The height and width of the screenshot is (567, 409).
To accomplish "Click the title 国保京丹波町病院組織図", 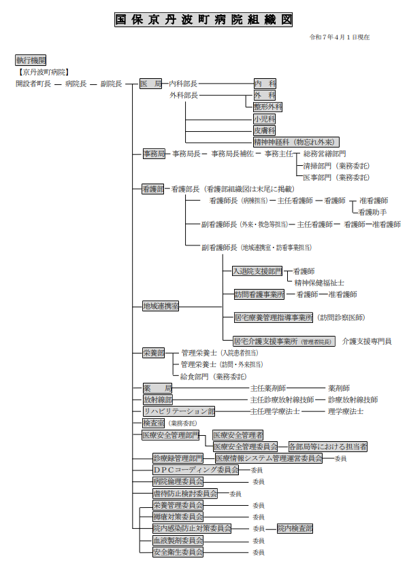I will coord(204,20).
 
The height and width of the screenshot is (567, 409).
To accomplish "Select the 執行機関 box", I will coord(31,60).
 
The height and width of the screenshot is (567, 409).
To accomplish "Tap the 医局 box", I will coord(151,84).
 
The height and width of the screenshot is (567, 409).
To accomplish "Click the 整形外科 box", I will coord(267,107).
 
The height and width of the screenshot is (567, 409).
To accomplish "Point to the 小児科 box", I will coord(264,119).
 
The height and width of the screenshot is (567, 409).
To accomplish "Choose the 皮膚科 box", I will coord(264,131).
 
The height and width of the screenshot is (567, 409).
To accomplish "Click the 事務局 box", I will coord(153,154).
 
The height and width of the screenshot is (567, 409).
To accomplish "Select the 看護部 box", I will coord(153,188).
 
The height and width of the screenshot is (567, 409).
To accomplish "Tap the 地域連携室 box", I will coord(161,306).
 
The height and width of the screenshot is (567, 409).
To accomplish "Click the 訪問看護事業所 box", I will coord(259,294).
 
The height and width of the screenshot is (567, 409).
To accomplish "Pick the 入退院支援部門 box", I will coord(257,271).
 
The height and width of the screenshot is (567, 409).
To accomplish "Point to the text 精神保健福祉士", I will coord(319,282).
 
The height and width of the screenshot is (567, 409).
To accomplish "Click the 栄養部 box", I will coord(153,353).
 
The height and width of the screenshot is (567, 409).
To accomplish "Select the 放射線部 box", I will coord(157,400).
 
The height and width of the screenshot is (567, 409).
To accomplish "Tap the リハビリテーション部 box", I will coord(178,411).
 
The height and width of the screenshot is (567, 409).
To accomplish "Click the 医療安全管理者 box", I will coord(238,434).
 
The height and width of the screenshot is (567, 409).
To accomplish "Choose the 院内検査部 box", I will coord(295,528).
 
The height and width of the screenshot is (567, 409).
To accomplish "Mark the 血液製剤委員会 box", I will coord(178,540).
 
